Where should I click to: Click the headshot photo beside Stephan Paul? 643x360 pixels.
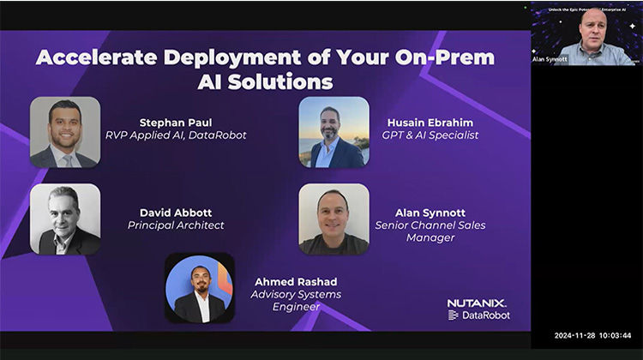tap(65, 132)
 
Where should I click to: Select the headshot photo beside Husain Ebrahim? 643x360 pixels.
tap(334, 132)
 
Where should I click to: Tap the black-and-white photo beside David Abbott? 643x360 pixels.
tap(65, 219)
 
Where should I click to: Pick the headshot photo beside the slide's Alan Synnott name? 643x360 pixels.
tap(334, 219)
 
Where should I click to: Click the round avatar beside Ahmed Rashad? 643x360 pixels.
tap(199, 288)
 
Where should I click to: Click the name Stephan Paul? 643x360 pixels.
tap(176, 122)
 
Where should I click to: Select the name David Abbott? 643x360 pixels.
tap(176, 213)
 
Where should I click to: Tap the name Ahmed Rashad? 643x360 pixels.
tap(296, 281)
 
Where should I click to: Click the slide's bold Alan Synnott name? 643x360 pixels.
tap(430, 213)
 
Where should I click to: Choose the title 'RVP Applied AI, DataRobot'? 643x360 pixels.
tap(176, 135)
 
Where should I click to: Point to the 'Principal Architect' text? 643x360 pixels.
tap(176, 225)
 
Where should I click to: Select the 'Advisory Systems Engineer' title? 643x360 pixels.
tap(296, 300)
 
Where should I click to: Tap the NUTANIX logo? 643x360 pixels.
tap(477, 303)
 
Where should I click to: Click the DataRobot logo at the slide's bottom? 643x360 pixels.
tap(479, 315)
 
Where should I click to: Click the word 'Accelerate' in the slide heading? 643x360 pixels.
tap(92, 58)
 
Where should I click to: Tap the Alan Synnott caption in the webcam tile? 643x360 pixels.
tap(550, 59)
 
